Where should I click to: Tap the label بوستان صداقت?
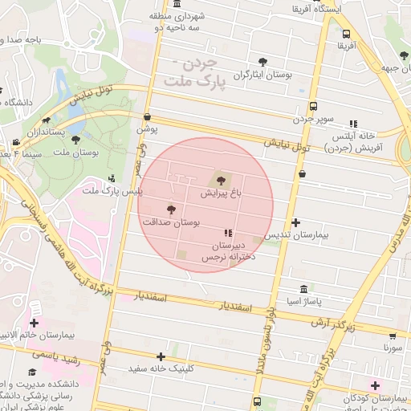point(170,221)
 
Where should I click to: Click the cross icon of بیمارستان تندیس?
point(296,222)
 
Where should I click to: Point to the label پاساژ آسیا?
point(303,301)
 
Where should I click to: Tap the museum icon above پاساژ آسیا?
point(303,288)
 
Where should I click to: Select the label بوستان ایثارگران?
point(261,75)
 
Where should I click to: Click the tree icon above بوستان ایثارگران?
point(262,62)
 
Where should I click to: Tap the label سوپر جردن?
point(312,119)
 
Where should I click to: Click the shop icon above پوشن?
point(147,116)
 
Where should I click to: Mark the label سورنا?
point(393,349)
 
